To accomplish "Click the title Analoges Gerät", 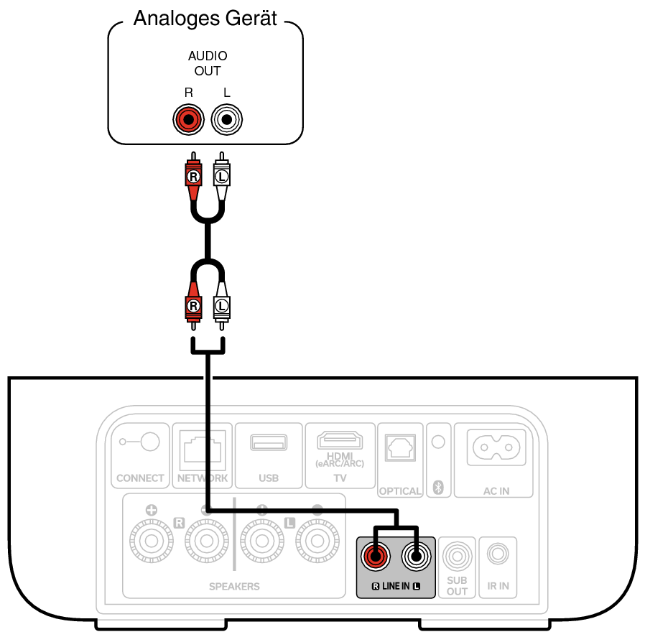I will [x=205, y=19].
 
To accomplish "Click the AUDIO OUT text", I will [x=208, y=63].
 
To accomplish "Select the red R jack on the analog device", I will [x=189, y=119].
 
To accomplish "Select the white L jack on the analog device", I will [x=227, y=119].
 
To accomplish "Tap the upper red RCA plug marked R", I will [x=192, y=177].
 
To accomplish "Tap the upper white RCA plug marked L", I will [x=222, y=177].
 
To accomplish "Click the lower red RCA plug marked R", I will [x=192, y=304].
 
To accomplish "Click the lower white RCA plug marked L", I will [x=222, y=304].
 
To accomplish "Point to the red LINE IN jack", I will [x=376, y=555].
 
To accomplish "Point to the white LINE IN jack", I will [x=416, y=555].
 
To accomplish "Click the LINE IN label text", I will [x=396, y=587].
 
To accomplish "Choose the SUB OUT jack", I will [x=457, y=556].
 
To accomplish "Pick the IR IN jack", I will [x=497, y=554].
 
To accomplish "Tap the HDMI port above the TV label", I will [x=340, y=439].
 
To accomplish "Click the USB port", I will [x=268, y=442].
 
